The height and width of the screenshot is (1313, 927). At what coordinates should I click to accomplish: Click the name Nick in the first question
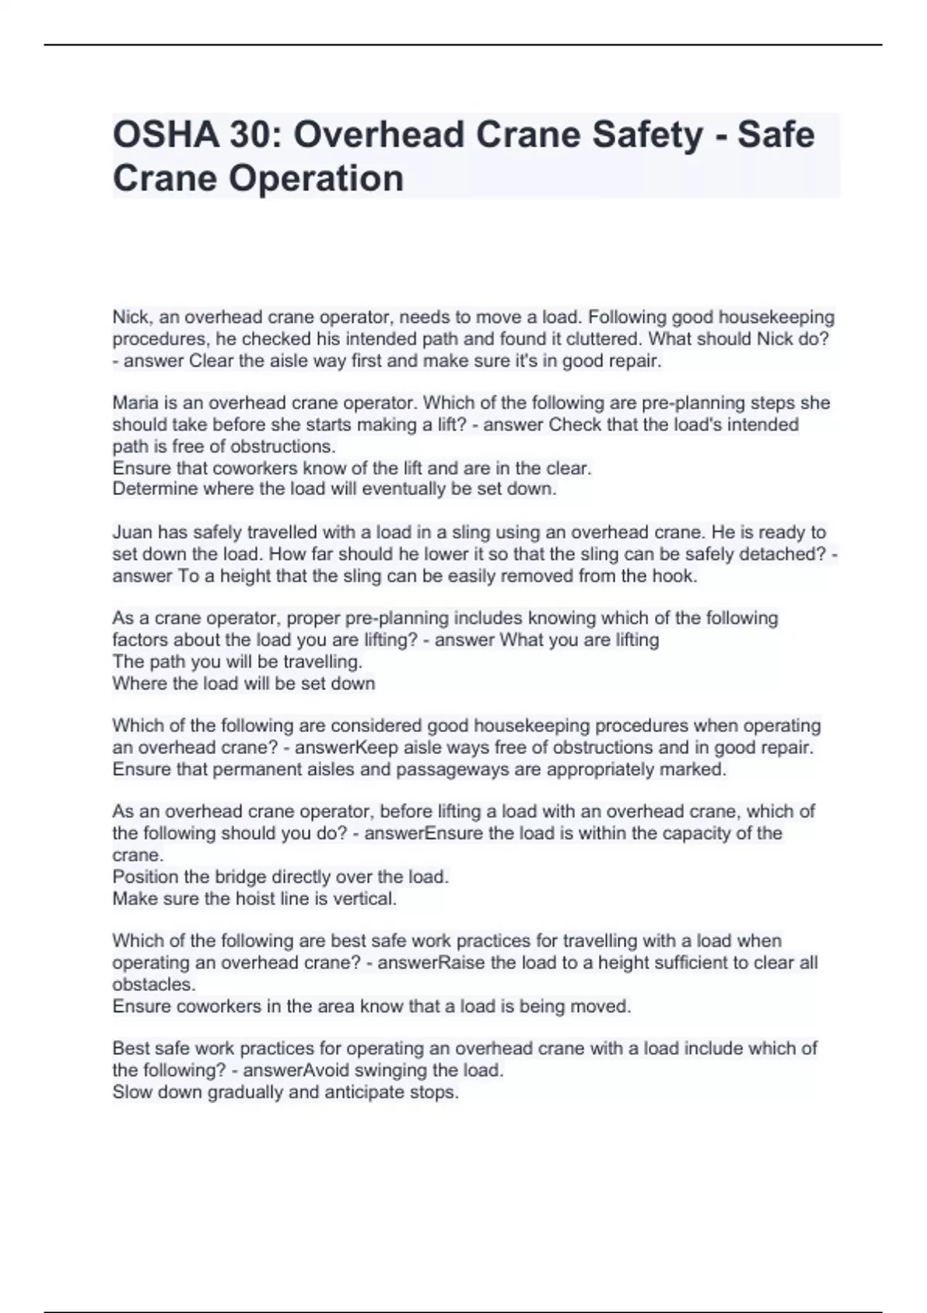[131, 317]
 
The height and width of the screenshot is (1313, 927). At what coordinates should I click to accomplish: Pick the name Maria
[135, 403]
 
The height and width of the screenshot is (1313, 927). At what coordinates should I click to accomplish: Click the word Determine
[154, 489]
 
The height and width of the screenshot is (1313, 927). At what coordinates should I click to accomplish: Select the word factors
[140, 640]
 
